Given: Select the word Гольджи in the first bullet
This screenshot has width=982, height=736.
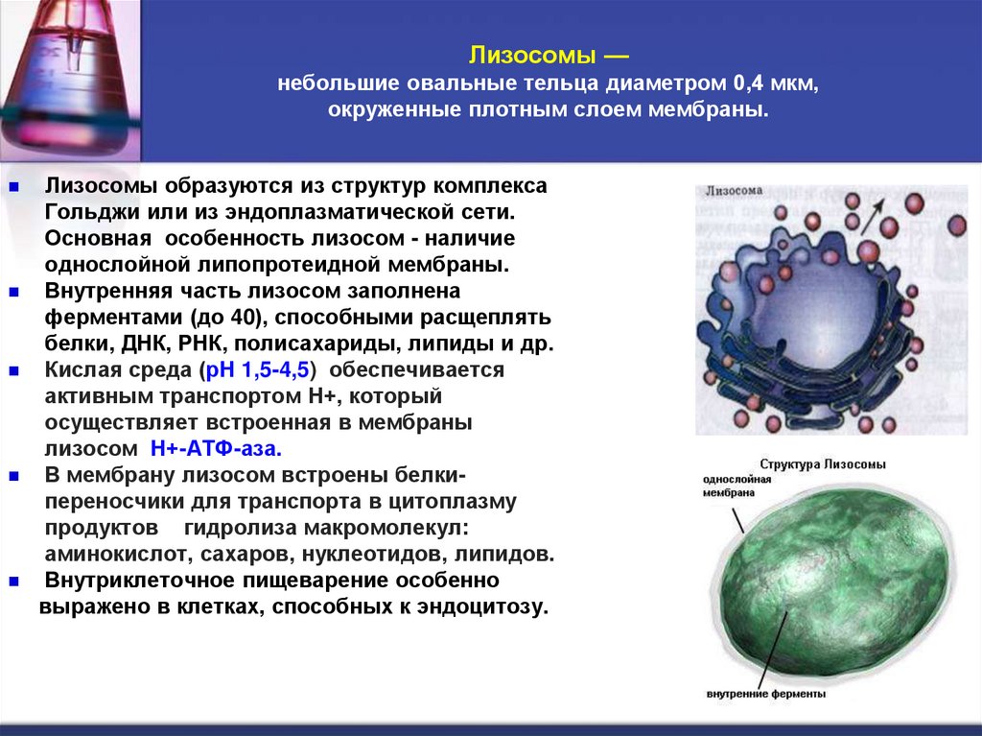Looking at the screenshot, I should coord(84,209).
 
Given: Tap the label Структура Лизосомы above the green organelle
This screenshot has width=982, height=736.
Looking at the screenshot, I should coord(823,463).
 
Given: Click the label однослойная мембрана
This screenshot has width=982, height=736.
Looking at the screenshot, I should coord(736,485).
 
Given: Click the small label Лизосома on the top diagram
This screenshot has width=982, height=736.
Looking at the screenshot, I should coord(734,191).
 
